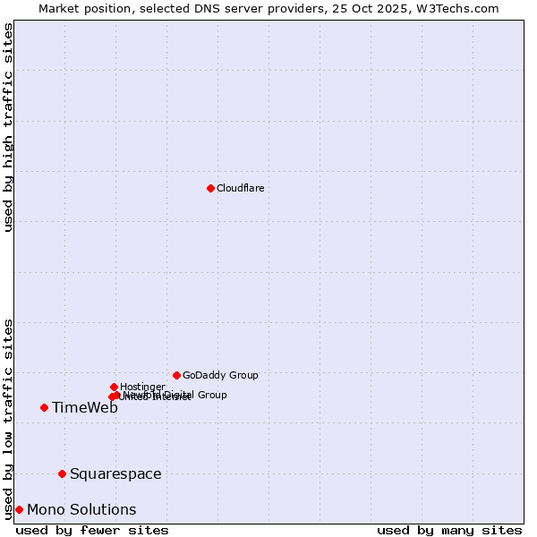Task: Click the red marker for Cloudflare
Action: pyautogui.click(x=210, y=188)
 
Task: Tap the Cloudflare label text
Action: pyautogui.click(x=240, y=188)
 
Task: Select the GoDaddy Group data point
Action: pyautogui.click(x=176, y=375)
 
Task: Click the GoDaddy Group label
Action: pyautogui.click(x=220, y=375)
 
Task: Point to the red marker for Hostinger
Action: pyautogui.click(x=114, y=387)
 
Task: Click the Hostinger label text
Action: pyautogui.click(x=142, y=387)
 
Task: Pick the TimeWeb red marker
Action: pyautogui.click(x=44, y=407)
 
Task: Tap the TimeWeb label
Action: pyautogui.click(x=85, y=408)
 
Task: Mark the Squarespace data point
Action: pyautogui.click(x=62, y=473)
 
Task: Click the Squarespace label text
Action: pyautogui.click(x=115, y=474)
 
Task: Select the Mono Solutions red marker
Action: pyautogui.click(x=19, y=509)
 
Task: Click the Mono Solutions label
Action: pyautogui.click(x=81, y=510)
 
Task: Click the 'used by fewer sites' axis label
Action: pyautogui.click(x=92, y=530)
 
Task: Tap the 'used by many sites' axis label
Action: pyautogui.click(x=449, y=530)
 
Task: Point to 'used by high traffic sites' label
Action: pyautogui.click(x=9, y=127)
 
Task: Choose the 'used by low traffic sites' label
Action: pyautogui.click(x=9, y=418)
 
